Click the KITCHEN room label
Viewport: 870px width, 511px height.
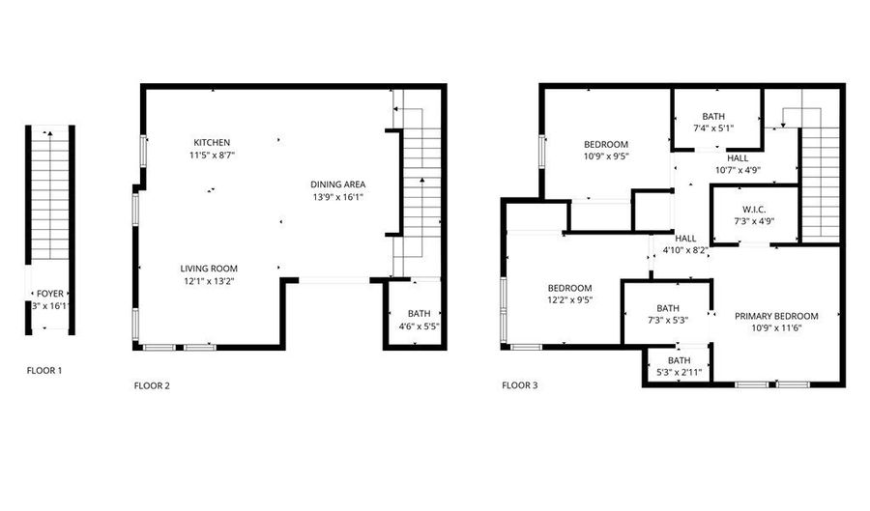pos(212,143)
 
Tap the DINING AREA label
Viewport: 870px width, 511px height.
pos(337,185)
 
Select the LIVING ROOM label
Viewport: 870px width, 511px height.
pos(209,269)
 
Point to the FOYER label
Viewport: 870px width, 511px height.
pos(50,293)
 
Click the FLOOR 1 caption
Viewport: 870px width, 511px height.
pos(46,370)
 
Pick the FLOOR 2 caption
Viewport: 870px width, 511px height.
pos(152,386)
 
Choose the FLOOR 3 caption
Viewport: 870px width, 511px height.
pos(520,385)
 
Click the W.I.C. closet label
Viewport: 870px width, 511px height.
pos(754,209)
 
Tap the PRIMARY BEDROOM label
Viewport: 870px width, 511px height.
pos(776,316)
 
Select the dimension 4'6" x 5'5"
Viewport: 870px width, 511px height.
pos(419,326)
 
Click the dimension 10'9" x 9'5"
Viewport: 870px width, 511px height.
pos(606,156)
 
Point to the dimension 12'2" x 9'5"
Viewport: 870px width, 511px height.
pos(570,300)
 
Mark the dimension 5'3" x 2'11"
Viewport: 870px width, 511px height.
pos(680,372)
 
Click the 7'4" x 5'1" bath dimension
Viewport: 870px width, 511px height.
pos(713,128)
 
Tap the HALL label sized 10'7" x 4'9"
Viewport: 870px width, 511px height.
pos(738,157)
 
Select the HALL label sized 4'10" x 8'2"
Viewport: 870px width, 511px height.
pos(686,238)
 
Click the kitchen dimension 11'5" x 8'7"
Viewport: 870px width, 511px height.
pos(212,155)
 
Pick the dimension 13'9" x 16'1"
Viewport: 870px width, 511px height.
pos(337,197)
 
